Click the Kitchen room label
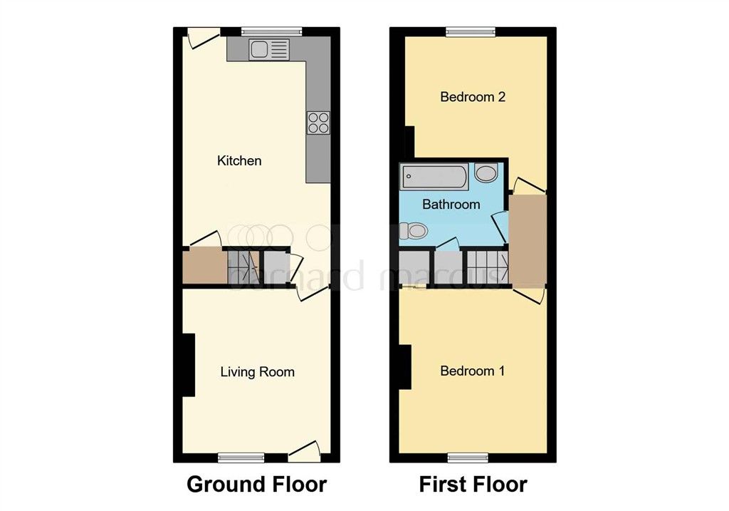click(x=239, y=160)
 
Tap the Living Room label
click(x=257, y=371)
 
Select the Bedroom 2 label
click(x=473, y=97)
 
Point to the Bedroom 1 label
click(x=473, y=371)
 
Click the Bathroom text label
click(x=451, y=205)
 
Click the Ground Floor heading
click(x=256, y=485)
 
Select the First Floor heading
click(x=473, y=485)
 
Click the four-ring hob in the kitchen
click(x=318, y=123)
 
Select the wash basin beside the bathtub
click(x=486, y=174)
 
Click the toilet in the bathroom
click(x=413, y=230)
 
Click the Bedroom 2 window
click(x=471, y=31)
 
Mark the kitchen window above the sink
click(x=271, y=31)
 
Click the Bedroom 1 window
click(x=467, y=458)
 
